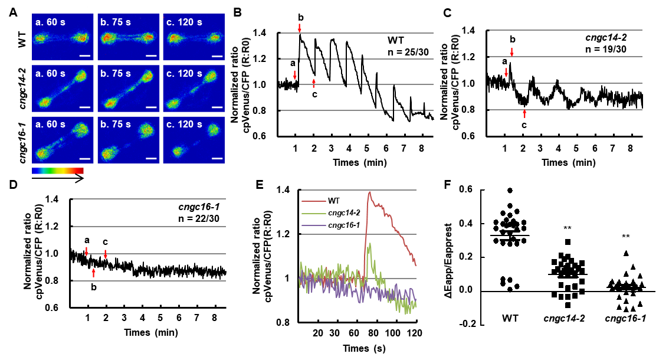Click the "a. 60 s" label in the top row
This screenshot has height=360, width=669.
point(51,22)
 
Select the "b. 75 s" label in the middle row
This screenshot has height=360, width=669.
point(116,74)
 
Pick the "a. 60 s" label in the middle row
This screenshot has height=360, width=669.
point(51,74)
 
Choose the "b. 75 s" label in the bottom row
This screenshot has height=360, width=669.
point(116,125)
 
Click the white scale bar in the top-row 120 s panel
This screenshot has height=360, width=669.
point(217,56)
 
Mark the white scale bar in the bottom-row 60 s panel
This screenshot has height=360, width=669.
point(85,159)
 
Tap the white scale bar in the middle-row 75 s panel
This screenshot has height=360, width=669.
point(151,107)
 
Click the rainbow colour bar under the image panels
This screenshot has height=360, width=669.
point(58,171)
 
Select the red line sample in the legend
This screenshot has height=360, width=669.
point(313,201)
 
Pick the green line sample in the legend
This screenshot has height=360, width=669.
point(313,213)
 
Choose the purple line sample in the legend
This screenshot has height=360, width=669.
point(313,225)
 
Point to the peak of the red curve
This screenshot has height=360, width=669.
point(370,192)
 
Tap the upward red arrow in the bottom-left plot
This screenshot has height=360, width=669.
point(93,273)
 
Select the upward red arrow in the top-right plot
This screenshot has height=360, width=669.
point(524,113)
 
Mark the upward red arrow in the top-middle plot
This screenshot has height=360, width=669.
point(313,83)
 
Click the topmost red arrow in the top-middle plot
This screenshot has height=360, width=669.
point(299,28)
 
